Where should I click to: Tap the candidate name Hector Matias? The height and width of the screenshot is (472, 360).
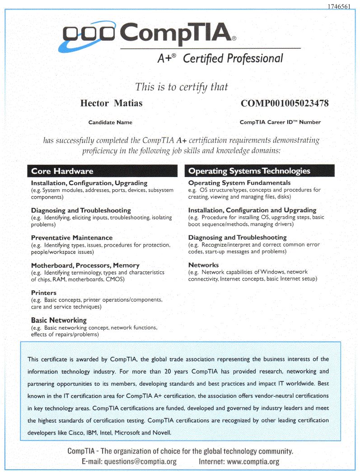point(111,103)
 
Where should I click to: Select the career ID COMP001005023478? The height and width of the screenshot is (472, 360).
point(285,103)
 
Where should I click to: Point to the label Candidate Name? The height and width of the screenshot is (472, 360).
point(110,122)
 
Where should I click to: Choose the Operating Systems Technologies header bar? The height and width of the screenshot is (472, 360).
point(260,171)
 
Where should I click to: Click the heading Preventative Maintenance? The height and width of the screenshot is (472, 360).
point(72,238)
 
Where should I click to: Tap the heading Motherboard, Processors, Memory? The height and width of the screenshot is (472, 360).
point(85,265)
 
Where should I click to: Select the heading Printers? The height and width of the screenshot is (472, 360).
point(44,293)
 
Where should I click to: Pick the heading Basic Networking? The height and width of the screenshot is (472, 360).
point(58,320)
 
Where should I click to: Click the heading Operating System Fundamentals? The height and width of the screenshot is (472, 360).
point(239,183)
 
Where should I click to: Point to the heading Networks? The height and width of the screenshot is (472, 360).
point(203,265)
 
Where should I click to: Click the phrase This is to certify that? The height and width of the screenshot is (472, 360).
point(182,87)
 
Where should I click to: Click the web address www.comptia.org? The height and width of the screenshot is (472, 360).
point(254,462)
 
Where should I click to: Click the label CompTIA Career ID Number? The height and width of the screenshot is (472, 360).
point(280,122)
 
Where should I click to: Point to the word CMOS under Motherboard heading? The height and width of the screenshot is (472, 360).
point(115,279)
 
